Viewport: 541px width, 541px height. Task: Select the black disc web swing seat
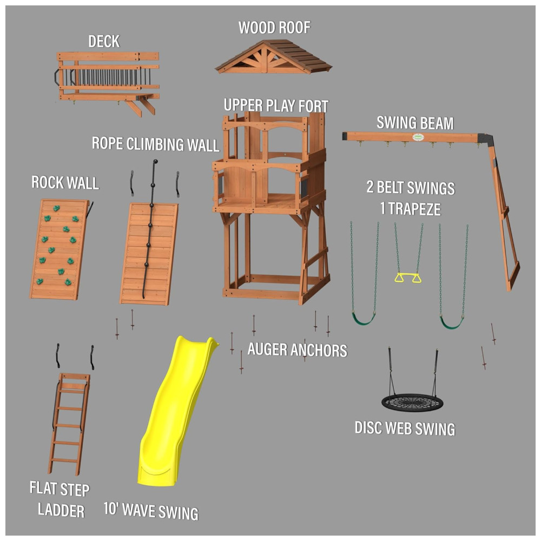tap(412, 403)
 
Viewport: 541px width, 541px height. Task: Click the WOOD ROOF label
tap(274, 28)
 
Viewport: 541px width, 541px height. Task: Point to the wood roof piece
tap(273, 57)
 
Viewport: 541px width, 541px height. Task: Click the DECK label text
tap(104, 42)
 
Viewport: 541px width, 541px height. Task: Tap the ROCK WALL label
tap(65, 182)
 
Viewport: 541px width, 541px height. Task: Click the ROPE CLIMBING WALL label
tap(155, 144)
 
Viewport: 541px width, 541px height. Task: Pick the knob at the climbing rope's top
tap(155, 161)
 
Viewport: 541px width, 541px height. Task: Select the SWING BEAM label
tap(415, 123)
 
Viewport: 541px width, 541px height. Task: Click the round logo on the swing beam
tap(418, 137)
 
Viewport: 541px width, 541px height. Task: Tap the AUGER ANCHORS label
tap(297, 349)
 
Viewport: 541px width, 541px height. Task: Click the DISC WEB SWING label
tap(405, 428)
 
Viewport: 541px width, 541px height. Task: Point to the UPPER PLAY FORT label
tap(276, 105)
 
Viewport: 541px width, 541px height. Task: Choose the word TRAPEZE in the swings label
tap(414, 209)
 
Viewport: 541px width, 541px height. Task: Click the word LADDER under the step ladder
tap(61, 510)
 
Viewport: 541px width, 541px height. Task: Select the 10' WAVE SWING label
tap(151, 511)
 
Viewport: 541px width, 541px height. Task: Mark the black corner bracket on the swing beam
tap(486, 138)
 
